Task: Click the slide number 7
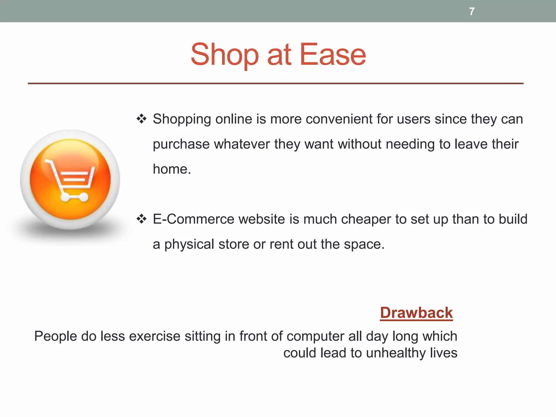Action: click(472, 11)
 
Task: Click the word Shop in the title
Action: click(224, 55)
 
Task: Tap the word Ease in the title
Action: click(333, 55)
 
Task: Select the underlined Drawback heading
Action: click(416, 313)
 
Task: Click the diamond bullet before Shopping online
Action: click(141, 119)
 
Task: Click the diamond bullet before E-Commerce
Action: click(141, 219)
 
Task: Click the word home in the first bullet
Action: click(170, 169)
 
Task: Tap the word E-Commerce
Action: click(193, 219)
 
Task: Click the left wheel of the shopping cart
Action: click(65, 197)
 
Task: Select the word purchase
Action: click(181, 144)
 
